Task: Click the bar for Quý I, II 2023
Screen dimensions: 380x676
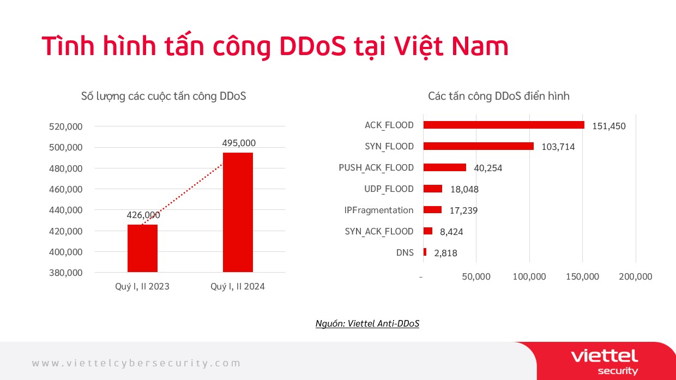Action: tap(142, 249)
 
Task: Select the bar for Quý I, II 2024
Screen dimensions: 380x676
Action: tap(238, 213)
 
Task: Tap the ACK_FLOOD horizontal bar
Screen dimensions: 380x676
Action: tap(503, 125)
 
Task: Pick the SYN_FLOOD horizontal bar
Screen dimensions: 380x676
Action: tap(478, 146)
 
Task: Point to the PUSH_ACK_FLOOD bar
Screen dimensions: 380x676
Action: tap(444, 167)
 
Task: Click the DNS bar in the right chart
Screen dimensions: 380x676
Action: tap(425, 252)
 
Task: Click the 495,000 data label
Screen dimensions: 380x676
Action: tap(239, 143)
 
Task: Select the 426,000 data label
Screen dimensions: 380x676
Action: tap(143, 215)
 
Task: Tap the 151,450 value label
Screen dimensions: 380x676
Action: tap(608, 126)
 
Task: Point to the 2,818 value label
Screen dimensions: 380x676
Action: tap(445, 253)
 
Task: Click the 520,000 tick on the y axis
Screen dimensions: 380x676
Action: tap(66, 126)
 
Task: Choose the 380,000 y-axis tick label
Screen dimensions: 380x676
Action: tap(66, 273)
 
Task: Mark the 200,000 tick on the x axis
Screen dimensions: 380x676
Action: tap(636, 276)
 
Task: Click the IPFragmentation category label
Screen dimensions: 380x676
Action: tap(379, 210)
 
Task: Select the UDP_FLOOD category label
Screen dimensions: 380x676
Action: tap(389, 189)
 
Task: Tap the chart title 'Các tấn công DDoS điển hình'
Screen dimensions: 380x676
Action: tap(498, 96)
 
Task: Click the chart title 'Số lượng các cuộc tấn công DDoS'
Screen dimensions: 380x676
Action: tap(163, 96)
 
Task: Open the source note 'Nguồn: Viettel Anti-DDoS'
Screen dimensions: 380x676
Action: tap(367, 323)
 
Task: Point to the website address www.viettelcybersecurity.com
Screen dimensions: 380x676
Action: tap(136, 363)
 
